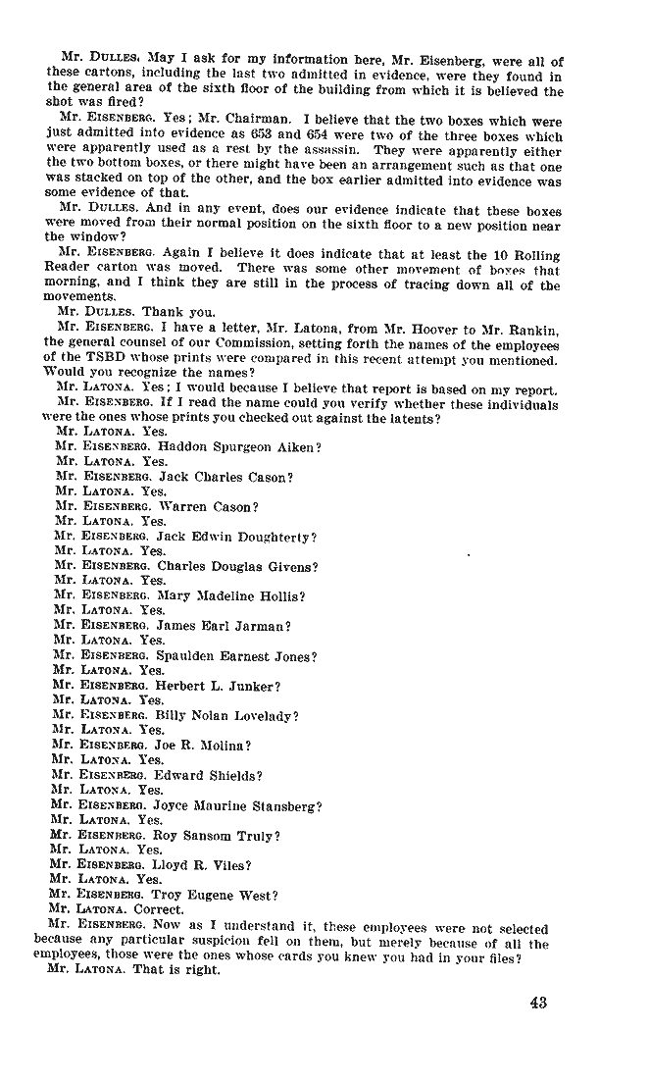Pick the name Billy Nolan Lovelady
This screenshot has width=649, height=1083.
click(x=227, y=715)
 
